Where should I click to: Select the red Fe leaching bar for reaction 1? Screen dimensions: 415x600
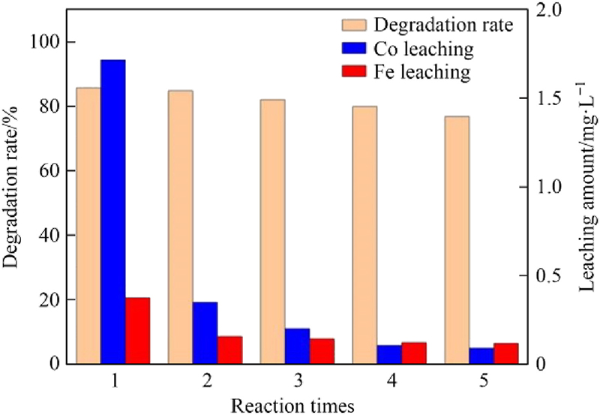[x=137, y=331]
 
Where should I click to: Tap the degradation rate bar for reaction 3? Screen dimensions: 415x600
[x=273, y=232]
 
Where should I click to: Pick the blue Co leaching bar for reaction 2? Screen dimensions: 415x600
[x=205, y=333]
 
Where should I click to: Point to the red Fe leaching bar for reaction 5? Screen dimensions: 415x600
[x=506, y=353]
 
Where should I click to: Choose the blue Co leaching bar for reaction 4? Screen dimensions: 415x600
[x=389, y=354]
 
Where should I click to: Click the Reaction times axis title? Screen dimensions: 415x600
[x=292, y=406]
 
